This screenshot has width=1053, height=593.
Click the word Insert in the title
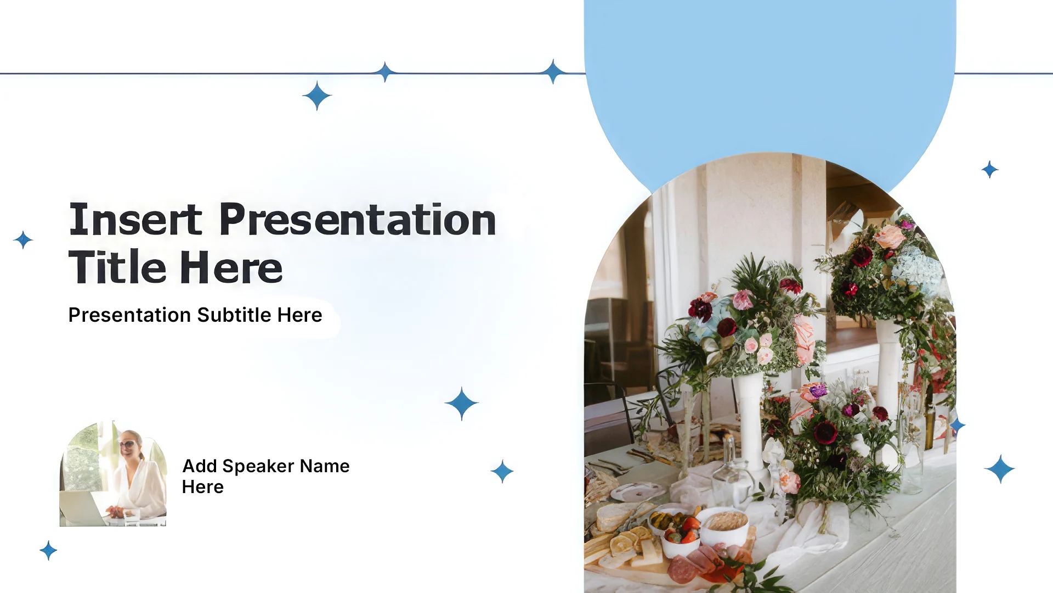[x=135, y=220]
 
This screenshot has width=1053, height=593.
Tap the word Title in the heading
[x=117, y=267]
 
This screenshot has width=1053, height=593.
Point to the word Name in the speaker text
[x=325, y=466]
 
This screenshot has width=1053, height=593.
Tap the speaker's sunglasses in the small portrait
[x=127, y=444]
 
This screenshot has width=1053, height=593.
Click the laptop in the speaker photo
[x=82, y=508]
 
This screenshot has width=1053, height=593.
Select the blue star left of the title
[x=23, y=240]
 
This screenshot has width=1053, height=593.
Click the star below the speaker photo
[x=48, y=550]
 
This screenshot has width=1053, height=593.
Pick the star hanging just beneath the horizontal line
[x=317, y=96]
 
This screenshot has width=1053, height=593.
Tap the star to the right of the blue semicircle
[x=990, y=170]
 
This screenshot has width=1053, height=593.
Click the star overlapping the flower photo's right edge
[x=958, y=426]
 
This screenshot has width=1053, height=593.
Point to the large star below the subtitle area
[x=462, y=404]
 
